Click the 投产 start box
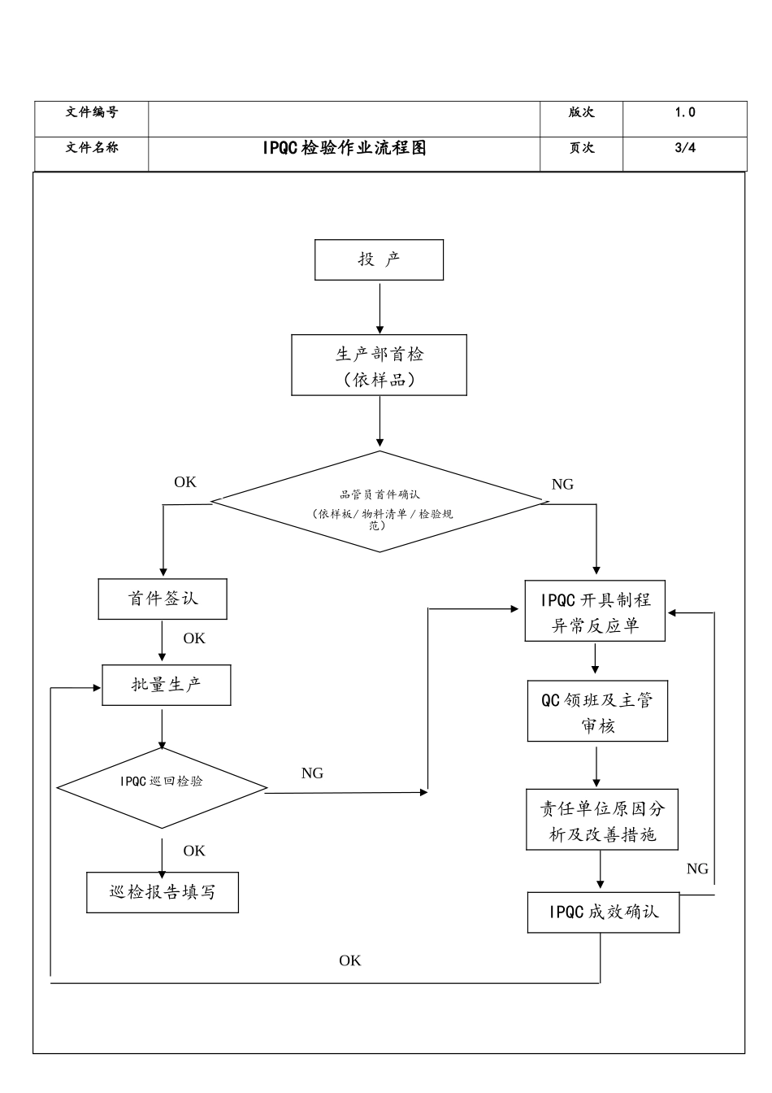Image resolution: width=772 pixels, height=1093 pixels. coord(379,259)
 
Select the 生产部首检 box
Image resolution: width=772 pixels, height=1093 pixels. coord(379,365)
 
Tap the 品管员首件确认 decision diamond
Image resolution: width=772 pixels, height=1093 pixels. coord(379,503)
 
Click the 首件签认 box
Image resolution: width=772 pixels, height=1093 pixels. coord(163,599)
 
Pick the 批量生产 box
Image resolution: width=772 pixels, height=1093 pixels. coord(167,685)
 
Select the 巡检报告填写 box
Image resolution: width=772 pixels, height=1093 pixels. coord(163,892)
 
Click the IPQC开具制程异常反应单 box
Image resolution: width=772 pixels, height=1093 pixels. coord(596,612)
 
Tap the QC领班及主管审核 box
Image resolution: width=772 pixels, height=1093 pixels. coord(597,712)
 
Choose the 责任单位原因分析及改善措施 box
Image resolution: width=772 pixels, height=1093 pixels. coord(601,821)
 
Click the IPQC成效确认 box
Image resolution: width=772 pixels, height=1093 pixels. coord(603,912)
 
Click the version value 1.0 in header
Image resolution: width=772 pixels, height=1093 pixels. coord(684,113)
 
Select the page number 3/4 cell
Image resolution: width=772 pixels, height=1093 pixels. coord(684,148)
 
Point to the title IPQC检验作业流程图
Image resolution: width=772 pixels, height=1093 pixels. coord(344,148)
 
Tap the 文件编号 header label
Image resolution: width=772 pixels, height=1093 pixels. coord(91,112)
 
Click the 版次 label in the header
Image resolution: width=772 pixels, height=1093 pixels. coord(581,113)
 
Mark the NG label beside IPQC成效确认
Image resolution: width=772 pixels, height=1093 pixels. coord(697,869)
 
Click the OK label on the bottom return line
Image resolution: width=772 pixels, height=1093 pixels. coord(350,960)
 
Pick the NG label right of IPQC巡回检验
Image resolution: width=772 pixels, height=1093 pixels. coord(312,773)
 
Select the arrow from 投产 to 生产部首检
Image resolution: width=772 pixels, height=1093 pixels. coord(379,307)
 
